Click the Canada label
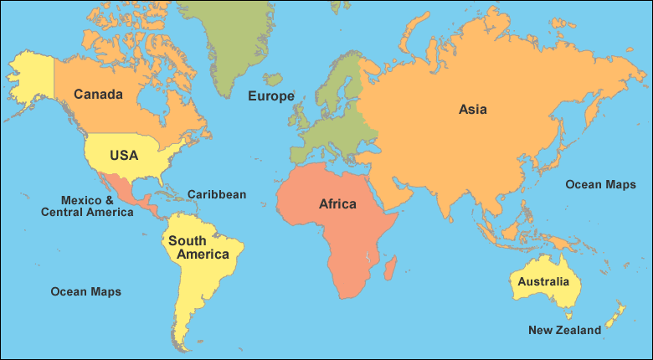pos(99,94)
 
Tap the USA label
pos(123,155)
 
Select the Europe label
pos(270,96)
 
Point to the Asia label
pos(472,109)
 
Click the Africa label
pos(337,203)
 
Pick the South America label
pos(198,247)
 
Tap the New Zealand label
pos(564,330)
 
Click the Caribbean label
pos(217,194)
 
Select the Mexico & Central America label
pos(87,206)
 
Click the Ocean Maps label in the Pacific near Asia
pos(600,184)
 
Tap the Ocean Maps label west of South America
pos(85,291)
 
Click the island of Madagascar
pos(389,269)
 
